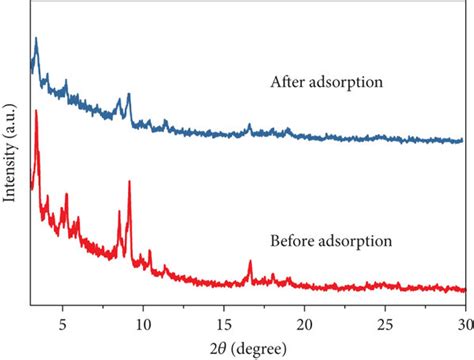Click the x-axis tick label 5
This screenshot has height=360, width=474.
63,323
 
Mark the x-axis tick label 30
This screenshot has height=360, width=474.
462,323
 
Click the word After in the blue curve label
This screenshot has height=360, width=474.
288,83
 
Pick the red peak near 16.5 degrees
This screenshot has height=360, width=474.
250,262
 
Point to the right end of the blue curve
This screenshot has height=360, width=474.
463,141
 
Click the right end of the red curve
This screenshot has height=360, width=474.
463,290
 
